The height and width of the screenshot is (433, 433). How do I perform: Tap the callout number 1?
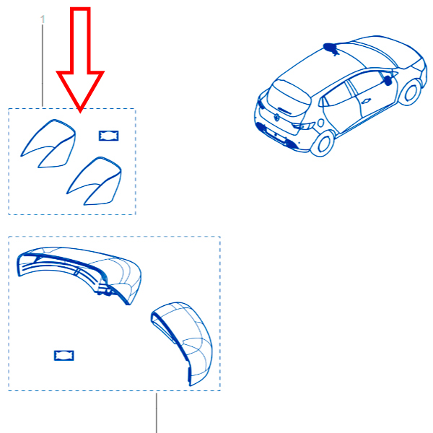point(43,19)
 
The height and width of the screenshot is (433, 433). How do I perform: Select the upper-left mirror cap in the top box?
point(48,144)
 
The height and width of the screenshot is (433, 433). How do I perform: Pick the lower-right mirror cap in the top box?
point(94,181)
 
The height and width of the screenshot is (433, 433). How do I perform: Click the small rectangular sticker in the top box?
point(109,136)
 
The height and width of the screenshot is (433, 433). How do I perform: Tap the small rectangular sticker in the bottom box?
point(64,355)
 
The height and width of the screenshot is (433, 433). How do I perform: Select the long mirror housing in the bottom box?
point(79,274)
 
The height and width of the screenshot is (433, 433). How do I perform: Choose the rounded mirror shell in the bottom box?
point(182,342)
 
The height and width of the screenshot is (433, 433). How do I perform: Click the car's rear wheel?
point(323,144)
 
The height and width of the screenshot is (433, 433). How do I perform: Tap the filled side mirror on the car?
point(388,80)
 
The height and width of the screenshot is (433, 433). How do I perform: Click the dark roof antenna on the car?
point(331,48)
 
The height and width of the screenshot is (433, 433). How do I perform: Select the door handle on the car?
point(366,101)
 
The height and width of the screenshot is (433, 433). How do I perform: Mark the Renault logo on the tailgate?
point(276,118)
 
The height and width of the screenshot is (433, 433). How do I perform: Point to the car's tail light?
point(303,126)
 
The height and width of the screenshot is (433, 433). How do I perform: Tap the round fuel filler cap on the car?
point(321,123)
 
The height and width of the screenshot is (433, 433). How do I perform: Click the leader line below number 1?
point(43,66)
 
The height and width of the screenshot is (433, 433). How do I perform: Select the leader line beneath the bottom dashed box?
point(157,413)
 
